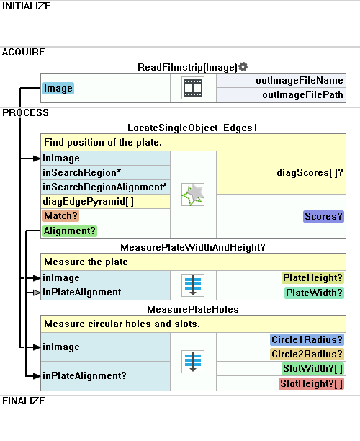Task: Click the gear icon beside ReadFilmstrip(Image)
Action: point(243,67)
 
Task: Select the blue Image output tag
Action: point(58,89)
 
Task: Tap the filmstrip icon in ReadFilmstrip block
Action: point(193,88)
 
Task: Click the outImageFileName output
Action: point(300,81)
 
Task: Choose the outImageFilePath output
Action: point(302,95)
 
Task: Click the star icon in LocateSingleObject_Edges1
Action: point(193,195)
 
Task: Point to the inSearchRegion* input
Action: point(81,172)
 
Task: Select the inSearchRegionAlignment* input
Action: point(104,187)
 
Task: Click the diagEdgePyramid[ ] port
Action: point(88,201)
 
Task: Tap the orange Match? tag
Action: point(60,215)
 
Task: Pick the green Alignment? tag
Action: point(70,231)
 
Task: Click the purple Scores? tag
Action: point(323,217)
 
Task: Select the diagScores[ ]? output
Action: point(310,172)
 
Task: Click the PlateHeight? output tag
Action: point(312,278)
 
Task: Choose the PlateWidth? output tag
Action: point(314,293)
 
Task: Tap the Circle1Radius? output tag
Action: point(307,339)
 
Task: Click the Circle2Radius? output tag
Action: point(307,354)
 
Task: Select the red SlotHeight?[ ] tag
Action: point(311,383)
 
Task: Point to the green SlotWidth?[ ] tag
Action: point(312,369)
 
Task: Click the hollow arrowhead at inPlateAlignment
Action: point(37,293)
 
